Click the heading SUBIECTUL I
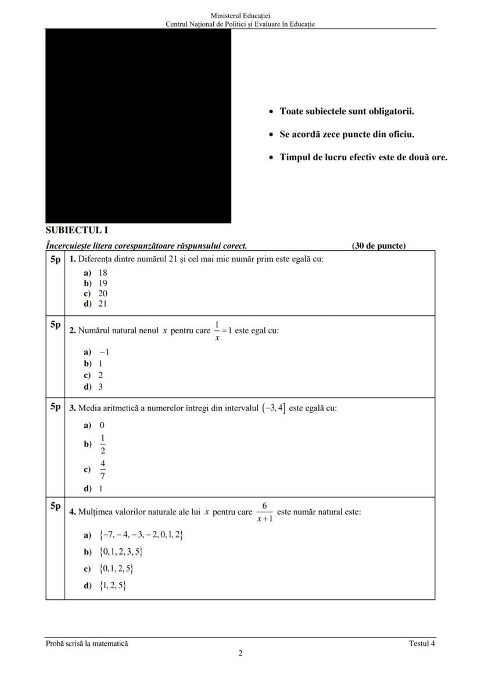coord(77,230)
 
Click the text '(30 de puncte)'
coord(379,246)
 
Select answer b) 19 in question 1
coord(96,283)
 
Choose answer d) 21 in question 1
coord(96,303)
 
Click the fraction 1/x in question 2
coord(217,330)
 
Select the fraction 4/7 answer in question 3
coord(103,470)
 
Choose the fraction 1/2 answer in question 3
coord(103,444)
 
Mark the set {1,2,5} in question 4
coord(113,586)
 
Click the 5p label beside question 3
coord(55,406)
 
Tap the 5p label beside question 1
coord(55,259)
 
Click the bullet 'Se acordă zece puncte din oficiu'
coord(347,134)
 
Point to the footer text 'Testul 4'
coord(422,643)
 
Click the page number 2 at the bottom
coord(240,653)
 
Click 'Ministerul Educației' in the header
coord(240,15)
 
